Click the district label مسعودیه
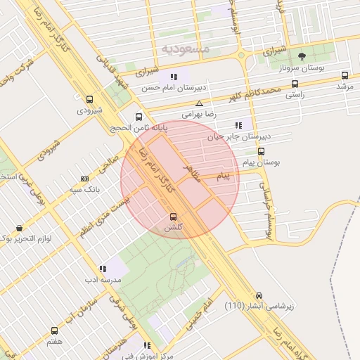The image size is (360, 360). click(186, 49)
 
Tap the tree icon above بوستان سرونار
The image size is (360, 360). click(302, 56)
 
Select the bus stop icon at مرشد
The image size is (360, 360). click(345, 75)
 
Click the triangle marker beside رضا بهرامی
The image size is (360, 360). click(199, 103)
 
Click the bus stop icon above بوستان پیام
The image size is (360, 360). click(261, 151)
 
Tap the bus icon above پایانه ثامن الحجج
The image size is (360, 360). click(139, 117)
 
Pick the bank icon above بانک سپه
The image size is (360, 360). click(85, 179)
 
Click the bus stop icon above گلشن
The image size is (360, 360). click(174, 217)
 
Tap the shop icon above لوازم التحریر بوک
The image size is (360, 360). click(18, 229)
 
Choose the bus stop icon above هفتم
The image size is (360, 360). click(54, 330)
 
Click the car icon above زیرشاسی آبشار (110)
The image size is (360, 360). click(259, 295)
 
